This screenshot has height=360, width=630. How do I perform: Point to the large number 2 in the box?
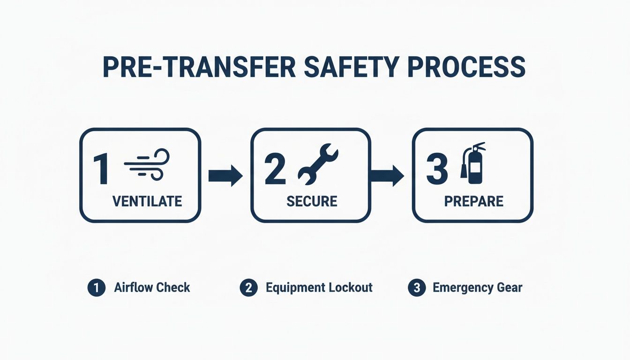pos(275,169)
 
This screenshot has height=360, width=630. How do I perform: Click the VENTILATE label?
pos(147,201)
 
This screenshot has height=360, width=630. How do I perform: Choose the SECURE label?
pos(311,201)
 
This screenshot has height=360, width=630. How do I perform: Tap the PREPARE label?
pos(473,201)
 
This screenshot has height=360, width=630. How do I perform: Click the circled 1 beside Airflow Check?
pos(96,288)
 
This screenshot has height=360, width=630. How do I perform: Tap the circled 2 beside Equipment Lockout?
pos(248,288)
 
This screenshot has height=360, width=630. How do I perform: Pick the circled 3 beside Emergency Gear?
pos(416,288)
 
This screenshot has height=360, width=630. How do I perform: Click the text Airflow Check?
pos(152,287)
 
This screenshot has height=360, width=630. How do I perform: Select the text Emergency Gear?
pos(477,287)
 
